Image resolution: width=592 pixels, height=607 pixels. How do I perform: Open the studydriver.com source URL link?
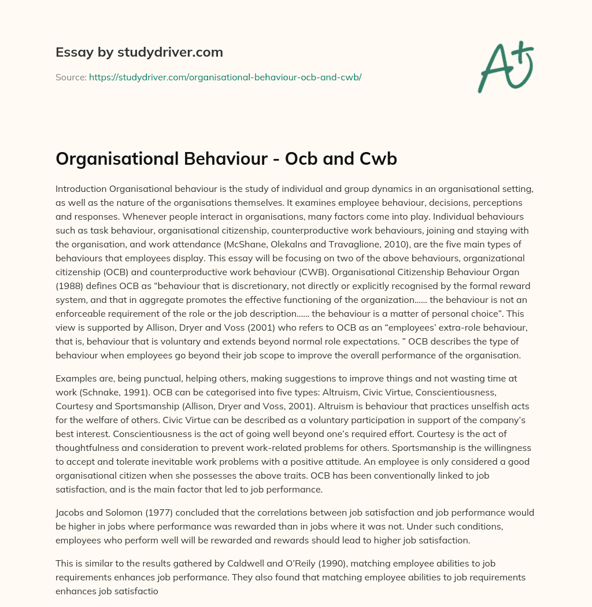click(x=225, y=77)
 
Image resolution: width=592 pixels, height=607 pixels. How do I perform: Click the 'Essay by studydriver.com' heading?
click(x=139, y=53)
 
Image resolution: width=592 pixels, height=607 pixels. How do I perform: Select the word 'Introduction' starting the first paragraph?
click(x=82, y=189)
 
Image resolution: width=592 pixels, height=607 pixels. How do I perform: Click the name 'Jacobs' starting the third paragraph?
click(x=69, y=513)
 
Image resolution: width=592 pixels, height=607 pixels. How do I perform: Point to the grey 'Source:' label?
click(x=71, y=77)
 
